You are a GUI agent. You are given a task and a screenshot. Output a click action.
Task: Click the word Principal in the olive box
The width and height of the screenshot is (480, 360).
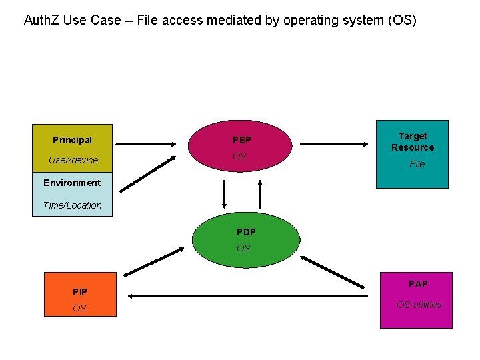[x=72, y=140]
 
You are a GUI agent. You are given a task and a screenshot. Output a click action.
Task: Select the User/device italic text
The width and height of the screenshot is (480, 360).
[x=73, y=160]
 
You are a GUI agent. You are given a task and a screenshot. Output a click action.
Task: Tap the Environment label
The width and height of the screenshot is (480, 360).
[x=72, y=183]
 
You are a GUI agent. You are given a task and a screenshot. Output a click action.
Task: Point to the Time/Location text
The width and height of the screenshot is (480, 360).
[x=72, y=205]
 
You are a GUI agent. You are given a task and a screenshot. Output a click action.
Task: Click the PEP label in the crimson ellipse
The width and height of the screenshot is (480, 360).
[x=241, y=140]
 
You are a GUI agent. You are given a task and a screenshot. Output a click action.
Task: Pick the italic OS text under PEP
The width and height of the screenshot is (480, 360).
[x=239, y=156]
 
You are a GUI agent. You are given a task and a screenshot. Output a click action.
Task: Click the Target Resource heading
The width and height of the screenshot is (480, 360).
[x=412, y=141]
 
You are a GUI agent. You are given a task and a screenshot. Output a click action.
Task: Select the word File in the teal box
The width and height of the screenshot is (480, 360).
[x=417, y=164]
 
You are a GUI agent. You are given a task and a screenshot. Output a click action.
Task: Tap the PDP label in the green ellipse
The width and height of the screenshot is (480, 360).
[x=246, y=232]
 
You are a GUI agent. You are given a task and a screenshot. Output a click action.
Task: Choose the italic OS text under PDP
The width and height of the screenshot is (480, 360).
[x=243, y=248]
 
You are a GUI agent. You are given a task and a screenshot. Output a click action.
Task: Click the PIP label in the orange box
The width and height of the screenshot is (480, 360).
[x=80, y=292]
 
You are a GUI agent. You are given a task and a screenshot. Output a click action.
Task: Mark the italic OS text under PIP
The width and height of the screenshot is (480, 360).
[x=79, y=308]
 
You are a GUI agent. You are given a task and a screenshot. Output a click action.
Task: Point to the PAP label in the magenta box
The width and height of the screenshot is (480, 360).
[x=418, y=284]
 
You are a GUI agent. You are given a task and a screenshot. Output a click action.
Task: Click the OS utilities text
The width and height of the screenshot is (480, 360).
[x=419, y=305]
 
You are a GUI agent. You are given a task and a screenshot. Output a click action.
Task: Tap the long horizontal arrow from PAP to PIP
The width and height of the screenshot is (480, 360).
[x=247, y=295]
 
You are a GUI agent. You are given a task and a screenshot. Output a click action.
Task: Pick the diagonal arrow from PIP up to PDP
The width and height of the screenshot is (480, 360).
[x=154, y=261]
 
